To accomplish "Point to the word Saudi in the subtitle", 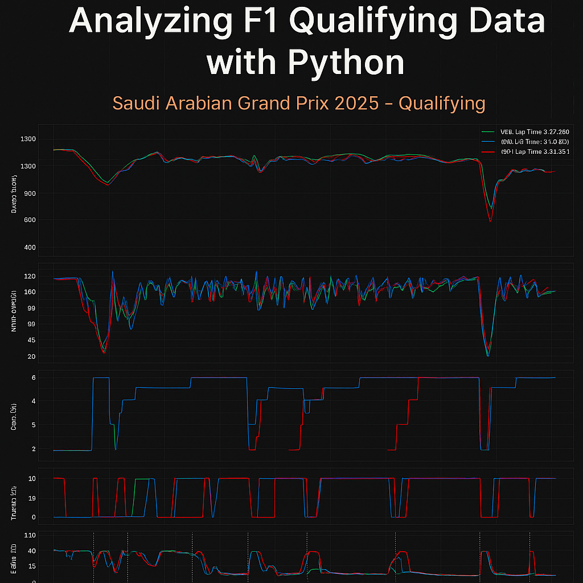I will pos(136,104).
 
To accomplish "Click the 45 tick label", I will pos(31,340).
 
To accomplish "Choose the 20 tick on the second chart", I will pos(31,357).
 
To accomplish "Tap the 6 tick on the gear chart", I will pos(34,377).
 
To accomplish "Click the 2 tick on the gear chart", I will pos(34,449).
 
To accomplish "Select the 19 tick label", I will pos(32,498).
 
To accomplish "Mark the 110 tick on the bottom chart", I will pos(30,536).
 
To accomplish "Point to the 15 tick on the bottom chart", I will pos(32,565).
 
